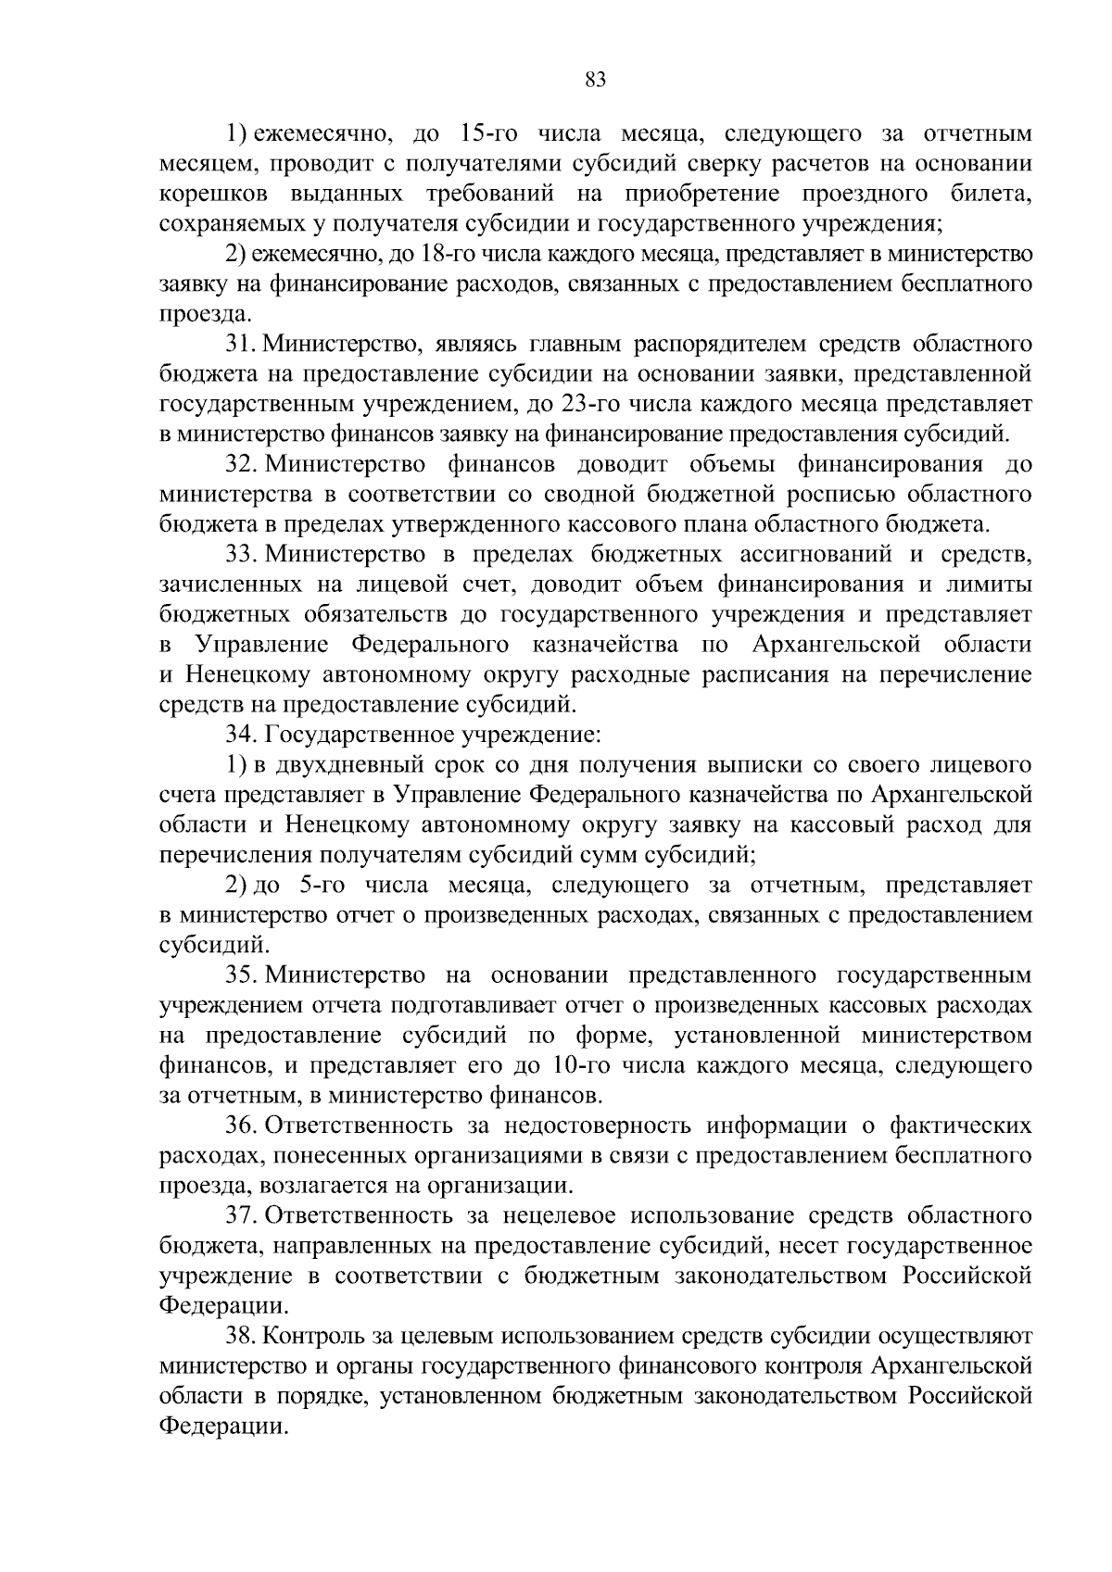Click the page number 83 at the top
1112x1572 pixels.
point(595,80)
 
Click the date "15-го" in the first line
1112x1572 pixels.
point(490,134)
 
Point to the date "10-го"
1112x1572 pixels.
point(582,1065)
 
